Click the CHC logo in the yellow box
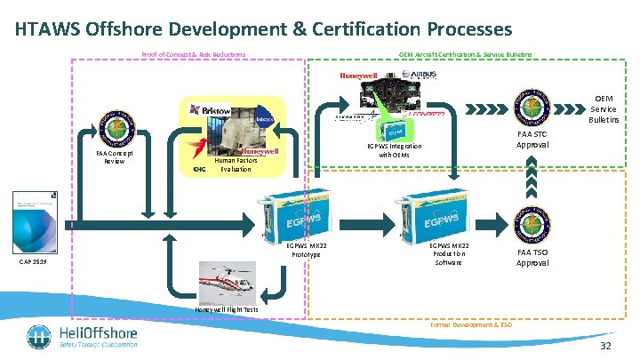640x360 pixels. click(x=200, y=169)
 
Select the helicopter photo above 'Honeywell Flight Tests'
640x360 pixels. click(x=229, y=282)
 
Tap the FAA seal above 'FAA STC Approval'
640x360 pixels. click(x=532, y=108)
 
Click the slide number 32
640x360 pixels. click(x=606, y=345)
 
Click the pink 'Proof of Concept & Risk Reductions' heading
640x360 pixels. click(x=194, y=54)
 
